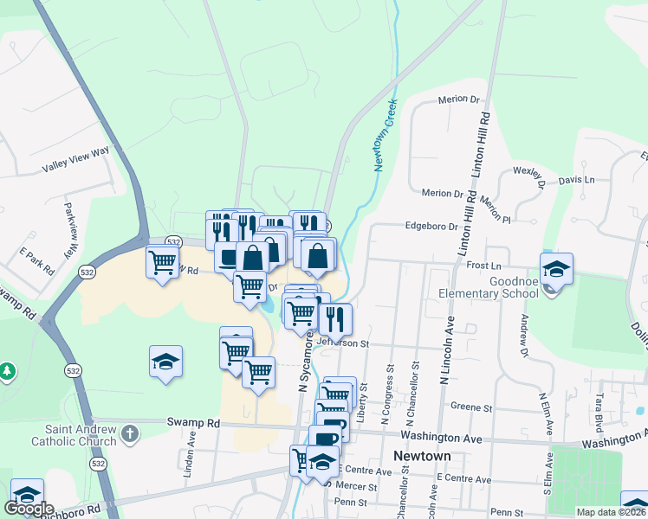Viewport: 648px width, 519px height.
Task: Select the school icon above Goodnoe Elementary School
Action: pos(555,268)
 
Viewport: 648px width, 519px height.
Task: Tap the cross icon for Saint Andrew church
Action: pos(130,432)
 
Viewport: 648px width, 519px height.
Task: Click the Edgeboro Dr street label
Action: pos(431,227)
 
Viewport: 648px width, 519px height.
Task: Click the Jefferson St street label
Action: pos(344,343)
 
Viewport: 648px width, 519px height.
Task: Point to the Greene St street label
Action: pos(471,407)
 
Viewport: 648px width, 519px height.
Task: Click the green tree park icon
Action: pos(7,371)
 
